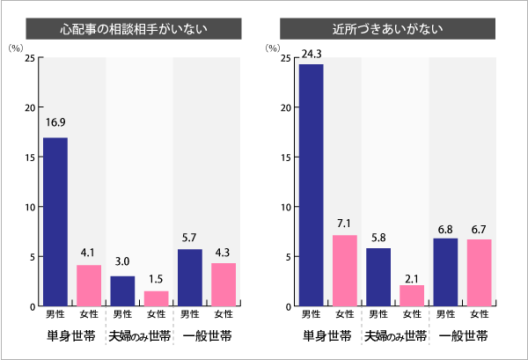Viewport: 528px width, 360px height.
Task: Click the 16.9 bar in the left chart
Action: pos(55,222)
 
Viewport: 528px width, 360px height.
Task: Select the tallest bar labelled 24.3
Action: pos(312,185)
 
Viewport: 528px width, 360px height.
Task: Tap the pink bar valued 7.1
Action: pos(344,270)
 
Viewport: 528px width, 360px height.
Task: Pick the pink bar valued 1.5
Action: pos(156,298)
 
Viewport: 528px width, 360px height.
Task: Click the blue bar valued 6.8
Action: pos(445,272)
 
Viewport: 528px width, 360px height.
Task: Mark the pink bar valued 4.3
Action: pos(224,284)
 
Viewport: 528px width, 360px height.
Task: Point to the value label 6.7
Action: pos(480,228)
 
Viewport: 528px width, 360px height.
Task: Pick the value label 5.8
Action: pos(378,237)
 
